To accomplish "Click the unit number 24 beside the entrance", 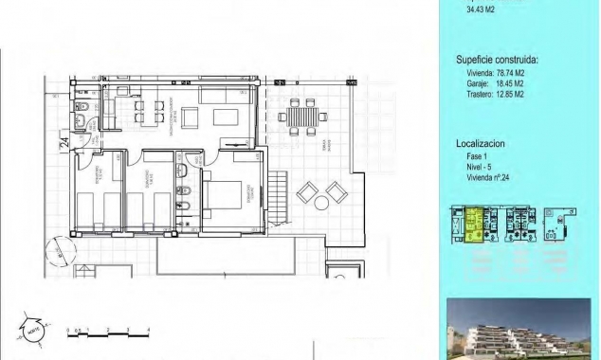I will click(64, 143).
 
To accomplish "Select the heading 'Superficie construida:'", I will click(497, 60).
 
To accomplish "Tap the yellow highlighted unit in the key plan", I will click(471, 225).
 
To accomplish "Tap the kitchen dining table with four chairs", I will click(142, 113).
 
